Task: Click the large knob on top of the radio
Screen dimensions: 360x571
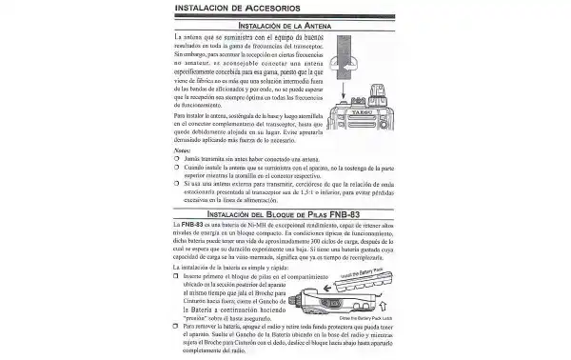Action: click(384, 106)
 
